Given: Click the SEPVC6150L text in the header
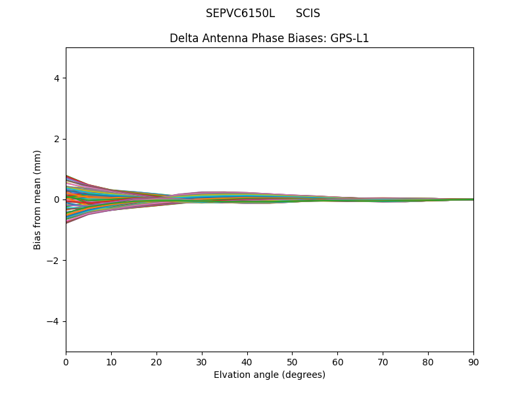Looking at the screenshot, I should [240, 13].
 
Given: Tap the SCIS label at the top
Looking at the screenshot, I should [308, 13].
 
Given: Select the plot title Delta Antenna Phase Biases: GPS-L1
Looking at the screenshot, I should [269, 38].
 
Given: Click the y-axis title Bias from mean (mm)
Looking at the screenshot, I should [38, 199].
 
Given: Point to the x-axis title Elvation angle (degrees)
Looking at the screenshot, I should [269, 375].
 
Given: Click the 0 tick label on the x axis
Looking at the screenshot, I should [66, 361].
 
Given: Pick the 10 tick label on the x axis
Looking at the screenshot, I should [111, 361].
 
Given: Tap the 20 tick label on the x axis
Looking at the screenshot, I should [156, 361].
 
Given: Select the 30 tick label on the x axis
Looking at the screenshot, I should [202, 361].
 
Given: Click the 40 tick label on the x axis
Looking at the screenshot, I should [247, 361].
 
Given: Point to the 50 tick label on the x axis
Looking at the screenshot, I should [292, 361].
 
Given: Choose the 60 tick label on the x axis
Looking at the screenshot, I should [337, 361].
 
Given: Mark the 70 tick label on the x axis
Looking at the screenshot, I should [383, 361].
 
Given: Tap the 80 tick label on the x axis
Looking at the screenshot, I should [428, 361].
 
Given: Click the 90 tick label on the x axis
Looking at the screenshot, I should [473, 361].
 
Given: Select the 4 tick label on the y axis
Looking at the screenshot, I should [57, 78].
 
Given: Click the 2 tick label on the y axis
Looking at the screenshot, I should [57, 139].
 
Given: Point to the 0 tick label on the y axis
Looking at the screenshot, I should [57, 199].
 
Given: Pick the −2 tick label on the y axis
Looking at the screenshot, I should [54, 261].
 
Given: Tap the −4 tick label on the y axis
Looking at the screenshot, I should [54, 321].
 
